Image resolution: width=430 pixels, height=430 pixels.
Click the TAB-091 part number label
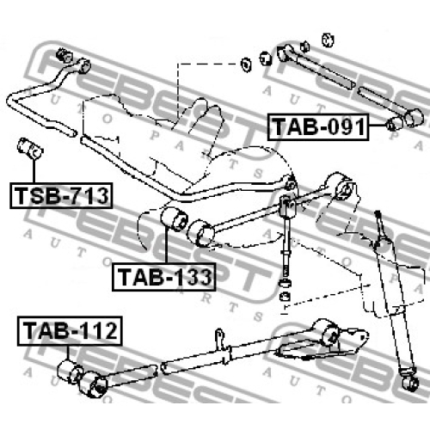tap(318, 126)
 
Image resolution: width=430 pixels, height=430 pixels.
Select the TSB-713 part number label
tap(61, 195)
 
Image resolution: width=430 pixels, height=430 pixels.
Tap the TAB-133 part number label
tap(163, 277)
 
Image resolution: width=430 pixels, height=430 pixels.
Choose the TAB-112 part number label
tap(70, 331)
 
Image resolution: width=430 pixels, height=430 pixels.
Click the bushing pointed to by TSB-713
tap(30, 148)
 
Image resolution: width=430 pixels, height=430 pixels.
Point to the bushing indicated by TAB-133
tap(174, 218)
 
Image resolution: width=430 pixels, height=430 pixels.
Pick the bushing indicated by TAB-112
tap(70, 372)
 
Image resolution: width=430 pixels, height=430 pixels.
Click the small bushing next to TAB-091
tap(394, 124)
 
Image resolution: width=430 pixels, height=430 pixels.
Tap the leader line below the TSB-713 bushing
tap(34, 171)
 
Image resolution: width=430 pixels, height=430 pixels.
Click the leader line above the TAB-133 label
tap(166, 245)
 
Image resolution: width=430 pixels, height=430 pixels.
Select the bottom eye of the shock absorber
tap(410, 383)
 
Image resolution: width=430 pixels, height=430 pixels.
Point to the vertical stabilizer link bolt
tap(287, 243)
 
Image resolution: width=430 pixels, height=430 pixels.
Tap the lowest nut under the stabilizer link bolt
tap(285, 296)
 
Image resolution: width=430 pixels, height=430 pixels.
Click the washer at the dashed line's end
tap(246, 64)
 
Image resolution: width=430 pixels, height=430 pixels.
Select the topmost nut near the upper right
tap(328, 40)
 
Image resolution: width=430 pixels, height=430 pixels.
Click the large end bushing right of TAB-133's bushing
tap(200, 233)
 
